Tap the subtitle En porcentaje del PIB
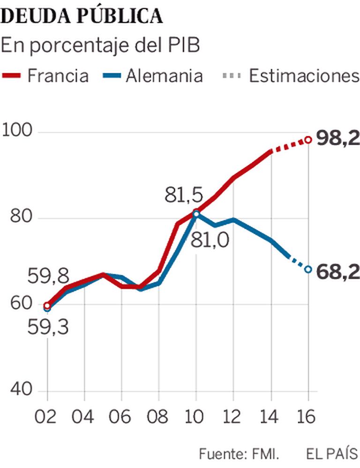[100, 45]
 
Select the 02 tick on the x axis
[47, 416]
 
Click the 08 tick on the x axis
[158, 416]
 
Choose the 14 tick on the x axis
[271, 416]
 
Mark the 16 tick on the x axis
[308, 416]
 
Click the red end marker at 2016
[308, 140]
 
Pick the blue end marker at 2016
[308, 269]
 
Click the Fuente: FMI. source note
[239, 454]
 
